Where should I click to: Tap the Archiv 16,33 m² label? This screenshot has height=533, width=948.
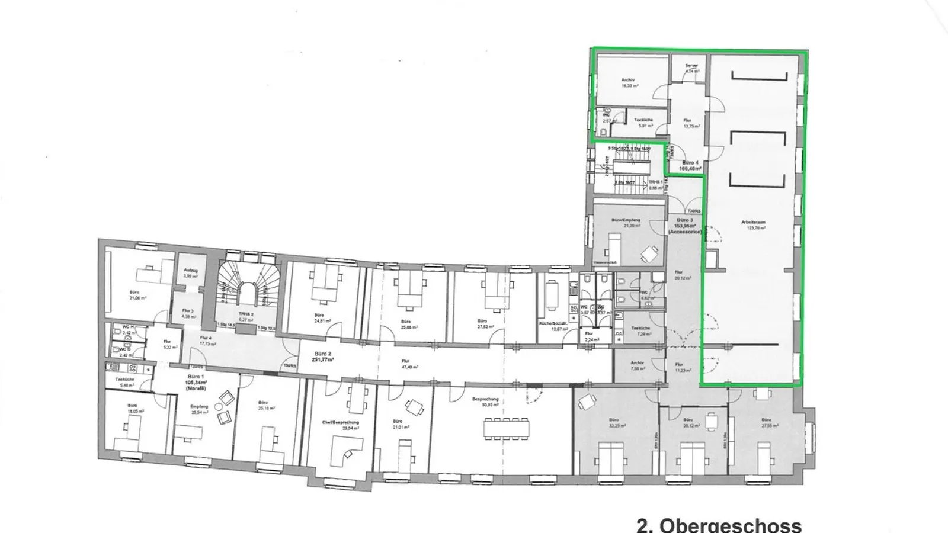point(629,82)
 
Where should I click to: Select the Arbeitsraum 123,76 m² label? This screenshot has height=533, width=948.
point(753,225)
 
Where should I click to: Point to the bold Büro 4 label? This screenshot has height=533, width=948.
point(690,165)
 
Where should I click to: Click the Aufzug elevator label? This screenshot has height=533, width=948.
point(190,272)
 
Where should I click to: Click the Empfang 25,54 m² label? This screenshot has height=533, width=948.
point(199,409)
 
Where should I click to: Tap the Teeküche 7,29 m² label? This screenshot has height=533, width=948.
point(642,330)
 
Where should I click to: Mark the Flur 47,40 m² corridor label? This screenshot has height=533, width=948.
point(406,364)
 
